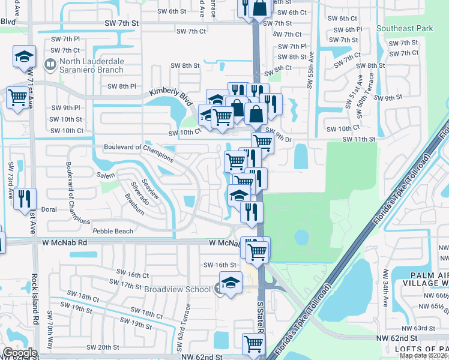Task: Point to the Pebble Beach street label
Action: point(113,231)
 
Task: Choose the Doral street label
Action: point(49,210)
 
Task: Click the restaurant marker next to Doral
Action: point(25,199)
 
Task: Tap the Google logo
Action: point(20,352)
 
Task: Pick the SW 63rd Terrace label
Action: point(187,322)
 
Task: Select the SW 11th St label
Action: point(358,139)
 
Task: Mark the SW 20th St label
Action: point(103,347)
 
